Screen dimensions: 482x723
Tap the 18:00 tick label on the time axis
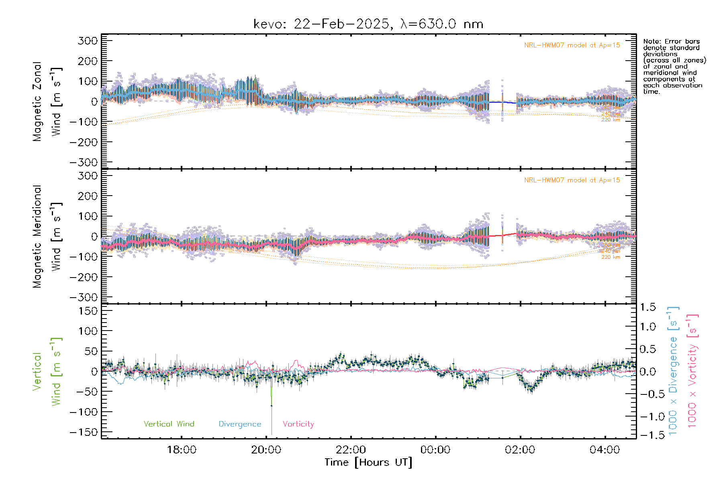182,450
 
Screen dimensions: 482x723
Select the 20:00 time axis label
266,450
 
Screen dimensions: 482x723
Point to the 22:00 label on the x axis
351,450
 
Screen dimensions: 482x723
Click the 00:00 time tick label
435,450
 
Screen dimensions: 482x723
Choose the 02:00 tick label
520,450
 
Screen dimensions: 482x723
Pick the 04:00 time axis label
605,450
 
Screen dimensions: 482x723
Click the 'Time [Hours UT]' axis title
368,462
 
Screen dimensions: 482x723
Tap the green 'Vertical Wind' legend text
169,424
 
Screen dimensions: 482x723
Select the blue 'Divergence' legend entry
240,424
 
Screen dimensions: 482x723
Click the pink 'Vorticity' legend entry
298,424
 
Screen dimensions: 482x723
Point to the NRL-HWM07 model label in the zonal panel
572,45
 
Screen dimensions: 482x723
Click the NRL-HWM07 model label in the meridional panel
572,180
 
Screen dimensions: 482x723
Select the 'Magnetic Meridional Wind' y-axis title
47,236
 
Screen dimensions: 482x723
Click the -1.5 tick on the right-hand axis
647,435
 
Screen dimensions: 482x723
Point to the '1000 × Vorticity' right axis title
692,370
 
